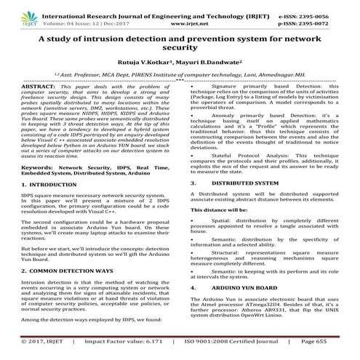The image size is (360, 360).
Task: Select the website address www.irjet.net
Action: click(x=180, y=17)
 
